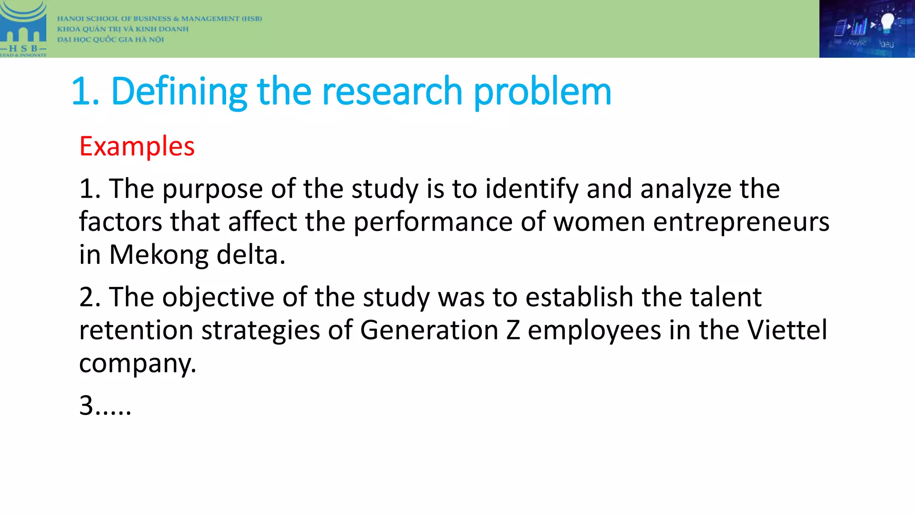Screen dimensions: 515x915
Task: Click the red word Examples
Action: [137, 147]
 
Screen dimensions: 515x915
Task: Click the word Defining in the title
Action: [179, 92]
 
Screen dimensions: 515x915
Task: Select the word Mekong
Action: [159, 255]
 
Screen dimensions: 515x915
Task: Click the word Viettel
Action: [787, 330]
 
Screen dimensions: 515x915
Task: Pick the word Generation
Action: [429, 330]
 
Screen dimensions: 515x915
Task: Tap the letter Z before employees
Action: [513, 330]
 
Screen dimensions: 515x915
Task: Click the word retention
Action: [136, 330]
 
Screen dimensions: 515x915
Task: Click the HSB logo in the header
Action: [23, 29]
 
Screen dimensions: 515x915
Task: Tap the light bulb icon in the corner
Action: [887, 22]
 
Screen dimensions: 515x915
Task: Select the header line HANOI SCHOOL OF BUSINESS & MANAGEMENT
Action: [159, 19]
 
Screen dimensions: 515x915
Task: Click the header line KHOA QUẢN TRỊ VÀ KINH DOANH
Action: [123, 29]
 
